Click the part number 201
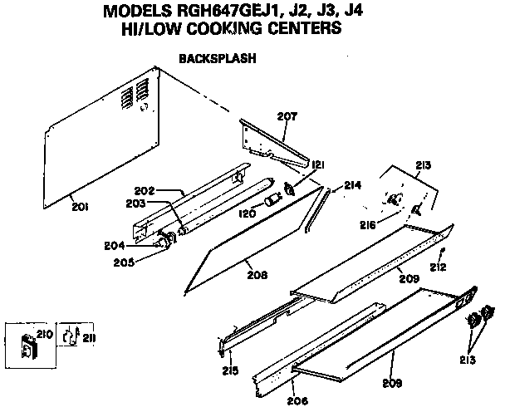tap(81, 206)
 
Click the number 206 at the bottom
tap(296, 400)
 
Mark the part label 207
tap(287, 116)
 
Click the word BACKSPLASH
tap(217, 60)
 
